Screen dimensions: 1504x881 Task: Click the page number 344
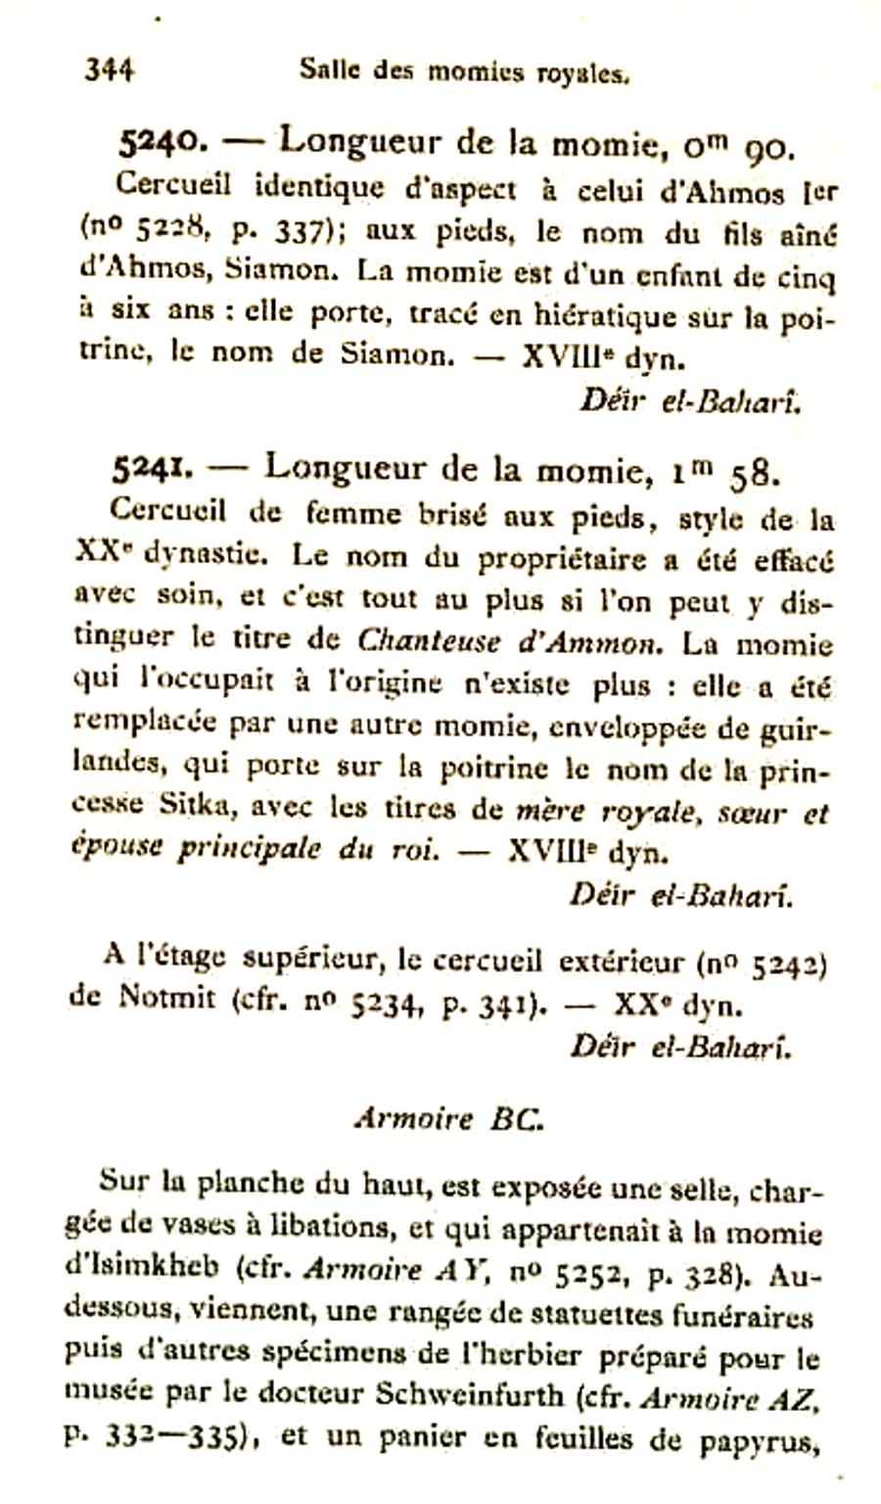(109, 70)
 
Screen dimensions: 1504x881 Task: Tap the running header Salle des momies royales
(463, 71)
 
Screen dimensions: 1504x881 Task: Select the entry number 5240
(160, 143)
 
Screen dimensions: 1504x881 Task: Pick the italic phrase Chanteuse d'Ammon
(509, 643)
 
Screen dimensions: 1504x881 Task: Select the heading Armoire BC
(447, 1118)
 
